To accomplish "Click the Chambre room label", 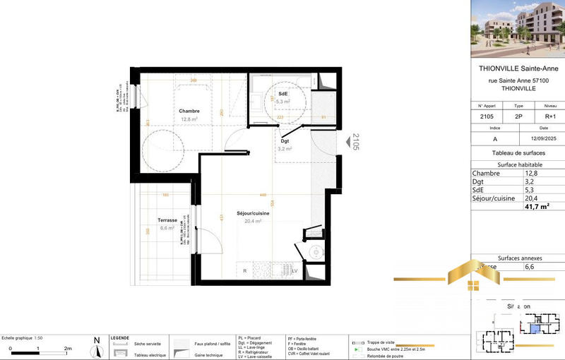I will pyautogui.click(x=189, y=111).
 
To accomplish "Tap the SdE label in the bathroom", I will pyautogui.click(x=283, y=94).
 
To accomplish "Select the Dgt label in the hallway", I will pyautogui.click(x=285, y=141).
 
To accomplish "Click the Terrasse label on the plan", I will pyautogui.click(x=167, y=220).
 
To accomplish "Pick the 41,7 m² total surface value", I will pyautogui.click(x=536, y=207).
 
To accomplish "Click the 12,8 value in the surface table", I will pyautogui.click(x=530, y=173).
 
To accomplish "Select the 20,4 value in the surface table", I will pyautogui.click(x=530, y=198).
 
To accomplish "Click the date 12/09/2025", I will pyautogui.click(x=540, y=138).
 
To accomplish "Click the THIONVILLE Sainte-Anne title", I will pyautogui.click(x=517, y=68).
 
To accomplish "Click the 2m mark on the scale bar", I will pyautogui.click(x=69, y=349).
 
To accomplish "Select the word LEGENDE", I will pyautogui.click(x=121, y=337).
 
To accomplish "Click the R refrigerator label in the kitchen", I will pyautogui.click(x=245, y=270).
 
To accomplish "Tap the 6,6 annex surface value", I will pyautogui.click(x=529, y=268).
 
